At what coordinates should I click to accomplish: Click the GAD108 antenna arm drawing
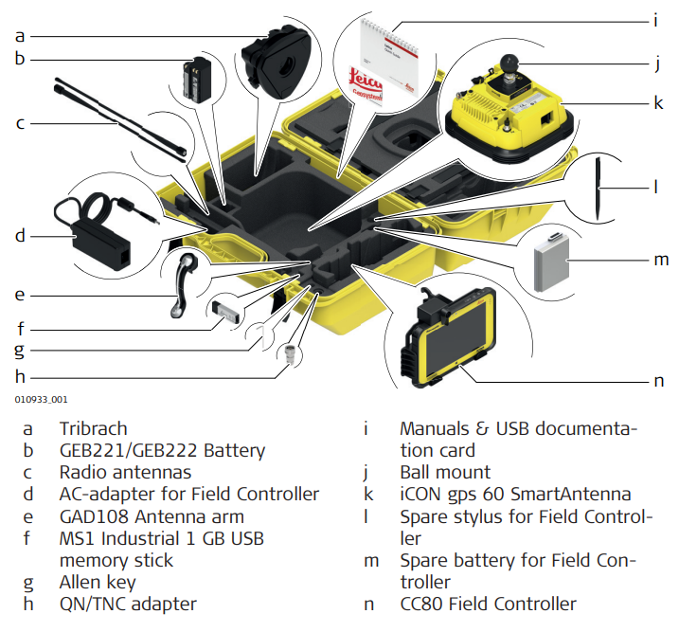point(184,285)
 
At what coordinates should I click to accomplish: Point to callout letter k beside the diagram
point(657,99)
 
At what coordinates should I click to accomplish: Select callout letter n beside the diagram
point(657,381)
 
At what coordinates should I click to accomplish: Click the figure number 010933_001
point(40,402)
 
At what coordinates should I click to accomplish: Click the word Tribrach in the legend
point(93,429)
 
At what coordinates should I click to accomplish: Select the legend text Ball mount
point(445,472)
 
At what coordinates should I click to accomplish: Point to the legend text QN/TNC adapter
point(128,604)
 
